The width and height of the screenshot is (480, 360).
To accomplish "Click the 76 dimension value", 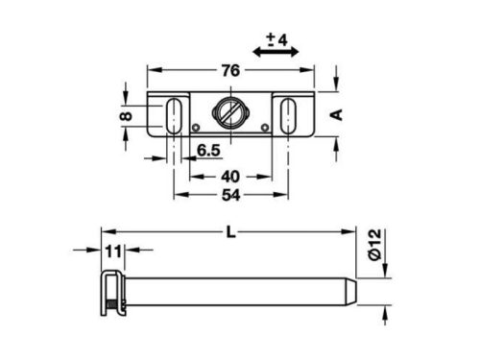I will pyautogui.click(x=230, y=70).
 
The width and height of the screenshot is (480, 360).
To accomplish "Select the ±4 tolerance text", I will pyautogui.click(x=277, y=39).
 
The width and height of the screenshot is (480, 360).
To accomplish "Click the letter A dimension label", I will pyautogui.click(x=336, y=114).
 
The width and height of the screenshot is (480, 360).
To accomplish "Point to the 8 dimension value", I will pyautogui.click(x=126, y=114).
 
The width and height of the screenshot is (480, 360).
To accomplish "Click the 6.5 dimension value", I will pyautogui.click(x=209, y=151).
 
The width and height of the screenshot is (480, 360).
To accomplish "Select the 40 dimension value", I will pyautogui.click(x=230, y=177).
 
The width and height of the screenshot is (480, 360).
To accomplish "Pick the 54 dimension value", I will pyautogui.click(x=230, y=195).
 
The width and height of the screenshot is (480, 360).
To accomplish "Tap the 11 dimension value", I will pyautogui.click(x=113, y=252).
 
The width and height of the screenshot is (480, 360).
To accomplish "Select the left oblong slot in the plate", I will pyautogui.click(x=176, y=114).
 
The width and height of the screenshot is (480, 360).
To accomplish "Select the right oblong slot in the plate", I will pyautogui.click(x=286, y=114).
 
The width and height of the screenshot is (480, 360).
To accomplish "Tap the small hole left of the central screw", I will pyautogui.click(x=197, y=128).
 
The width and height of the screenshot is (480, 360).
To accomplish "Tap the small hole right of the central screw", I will pyautogui.click(x=265, y=128).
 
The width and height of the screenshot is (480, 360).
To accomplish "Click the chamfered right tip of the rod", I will pyautogui.click(x=351, y=289).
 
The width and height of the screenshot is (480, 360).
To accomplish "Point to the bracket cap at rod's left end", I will pyautogui.click(x=112, y=289).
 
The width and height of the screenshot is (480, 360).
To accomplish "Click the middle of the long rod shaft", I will pyautogui.click(x=235, y=289).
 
